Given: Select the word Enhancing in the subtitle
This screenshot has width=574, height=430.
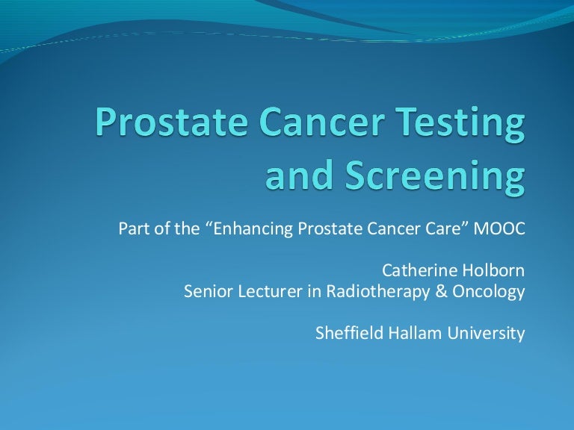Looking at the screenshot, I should point(248,228).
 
